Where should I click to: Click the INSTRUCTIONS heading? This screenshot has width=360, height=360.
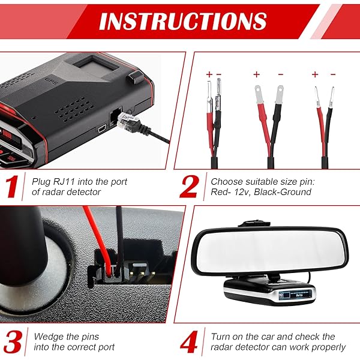click(x=182, y=22)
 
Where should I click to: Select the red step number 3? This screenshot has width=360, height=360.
click(x=14, y=341)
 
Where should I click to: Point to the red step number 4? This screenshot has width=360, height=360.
click(x=189, y=341)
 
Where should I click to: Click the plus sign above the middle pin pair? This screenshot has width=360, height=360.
click(x=256, y=75)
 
